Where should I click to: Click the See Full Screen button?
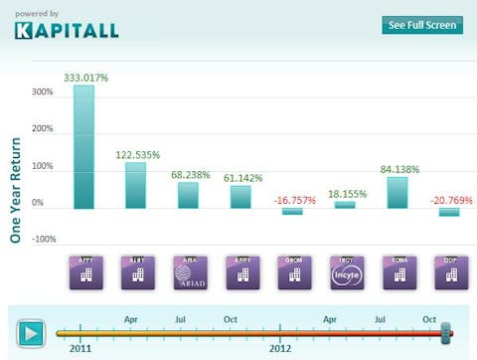coord(421,25)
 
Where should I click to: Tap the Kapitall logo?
coord(67,29)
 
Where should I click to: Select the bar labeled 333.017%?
coord(84,146)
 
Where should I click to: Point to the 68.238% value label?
coord(189,173)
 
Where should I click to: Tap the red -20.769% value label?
coord(447,201)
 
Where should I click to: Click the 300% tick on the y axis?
coord(43,92)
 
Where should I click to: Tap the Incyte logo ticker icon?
coord(344,272)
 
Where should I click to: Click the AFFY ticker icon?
coord(84,272)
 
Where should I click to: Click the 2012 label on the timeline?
coord(282,349)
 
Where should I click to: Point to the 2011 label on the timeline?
coord(81,349)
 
